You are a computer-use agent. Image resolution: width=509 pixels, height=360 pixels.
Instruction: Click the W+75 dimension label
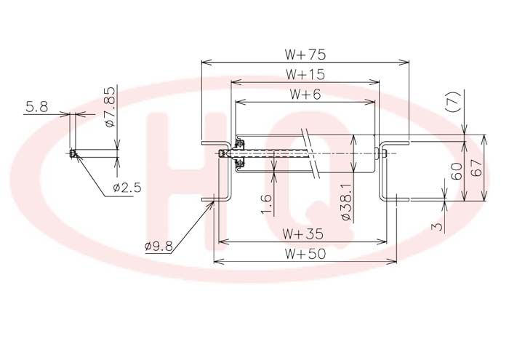(x=305, y=55)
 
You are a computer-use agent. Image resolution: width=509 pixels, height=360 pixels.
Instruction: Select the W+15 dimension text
(x=305, y=74)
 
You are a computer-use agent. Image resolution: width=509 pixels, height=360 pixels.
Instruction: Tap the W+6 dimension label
(x=305, y=94)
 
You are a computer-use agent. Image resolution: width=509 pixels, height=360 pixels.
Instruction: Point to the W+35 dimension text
(x=302, y=233)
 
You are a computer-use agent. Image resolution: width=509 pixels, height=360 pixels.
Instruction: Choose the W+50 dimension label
(x=305, y=254)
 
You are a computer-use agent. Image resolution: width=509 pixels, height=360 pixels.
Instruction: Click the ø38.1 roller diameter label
(x=347, y=202)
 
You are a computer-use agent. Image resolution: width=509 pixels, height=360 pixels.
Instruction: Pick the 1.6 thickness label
(x=267, y=204)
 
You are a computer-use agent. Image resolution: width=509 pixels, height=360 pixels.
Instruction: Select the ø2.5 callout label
(x=127, y=188)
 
